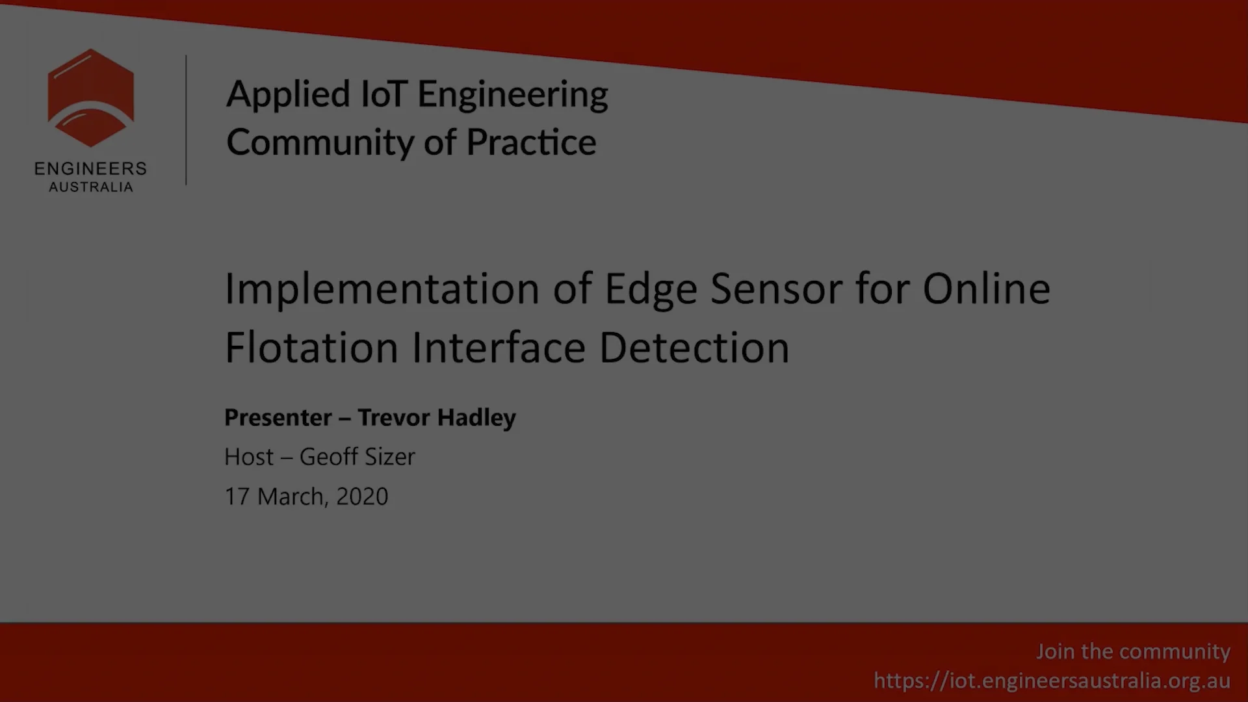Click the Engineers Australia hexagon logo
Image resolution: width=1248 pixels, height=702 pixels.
point(90,97)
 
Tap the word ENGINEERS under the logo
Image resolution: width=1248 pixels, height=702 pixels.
point(90,169)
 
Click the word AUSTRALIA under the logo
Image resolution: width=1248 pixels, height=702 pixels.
point(90,187)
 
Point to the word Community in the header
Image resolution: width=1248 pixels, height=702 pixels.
point(319,142)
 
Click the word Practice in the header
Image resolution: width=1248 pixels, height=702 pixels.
point(531,142)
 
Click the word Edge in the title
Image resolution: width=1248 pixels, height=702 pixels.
point(650,289)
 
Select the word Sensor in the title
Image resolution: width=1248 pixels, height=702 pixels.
point(776,289)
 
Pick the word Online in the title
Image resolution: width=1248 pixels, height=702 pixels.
point(986,289)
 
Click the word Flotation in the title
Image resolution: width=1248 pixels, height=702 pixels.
point(311,348)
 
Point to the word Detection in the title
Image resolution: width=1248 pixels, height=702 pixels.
point(694,348)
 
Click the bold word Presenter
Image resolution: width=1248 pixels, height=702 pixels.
point(278,417)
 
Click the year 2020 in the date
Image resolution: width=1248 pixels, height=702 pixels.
point(362,497)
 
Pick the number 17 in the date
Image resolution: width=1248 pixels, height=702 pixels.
point(237,497)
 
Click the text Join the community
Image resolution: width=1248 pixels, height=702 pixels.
point(1132,651)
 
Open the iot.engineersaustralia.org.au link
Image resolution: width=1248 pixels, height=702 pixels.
point(1052,681)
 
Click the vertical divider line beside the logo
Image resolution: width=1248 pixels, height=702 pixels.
point(186,120)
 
